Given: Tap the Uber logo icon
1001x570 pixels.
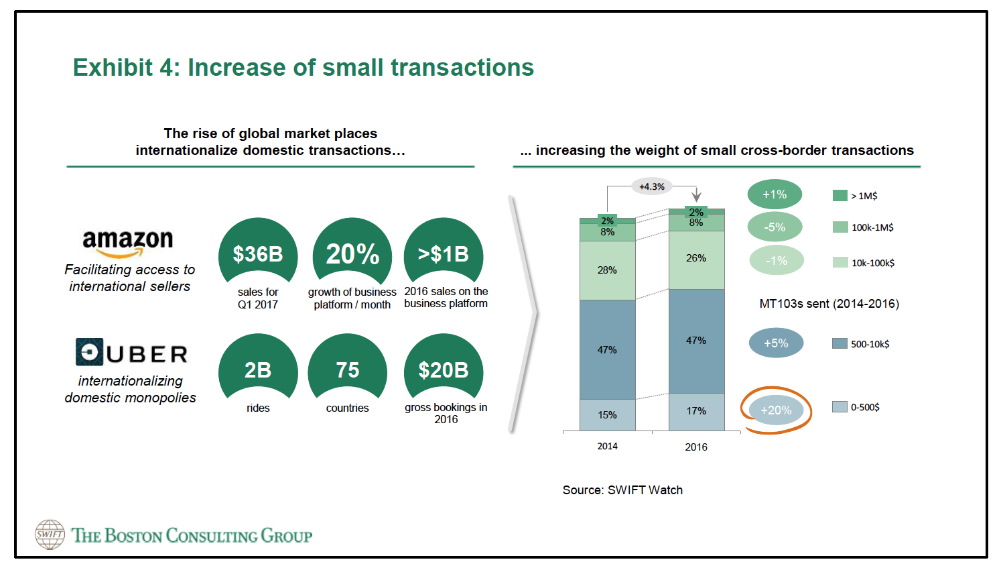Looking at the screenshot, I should pos(89,352).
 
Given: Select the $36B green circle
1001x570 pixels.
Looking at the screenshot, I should pos(258,253).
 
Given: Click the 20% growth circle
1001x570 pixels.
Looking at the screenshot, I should pos(352,253).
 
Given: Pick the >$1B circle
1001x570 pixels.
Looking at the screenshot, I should pos(444,253).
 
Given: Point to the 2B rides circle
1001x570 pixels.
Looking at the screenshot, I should pos(258,369).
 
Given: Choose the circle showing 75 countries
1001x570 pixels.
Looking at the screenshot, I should pos(348,369).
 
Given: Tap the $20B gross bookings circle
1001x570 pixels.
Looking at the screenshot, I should pos(444,369).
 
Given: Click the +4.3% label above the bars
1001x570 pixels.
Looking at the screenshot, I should pos(652,186).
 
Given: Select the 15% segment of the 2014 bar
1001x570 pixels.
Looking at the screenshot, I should pos(608,415).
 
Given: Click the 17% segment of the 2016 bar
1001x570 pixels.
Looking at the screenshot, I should pos(696,411).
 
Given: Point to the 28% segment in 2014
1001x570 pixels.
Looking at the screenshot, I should pos(608,270).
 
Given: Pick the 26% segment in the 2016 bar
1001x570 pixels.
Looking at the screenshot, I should pos(696,259).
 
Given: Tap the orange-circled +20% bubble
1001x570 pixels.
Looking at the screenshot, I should pos(776,410).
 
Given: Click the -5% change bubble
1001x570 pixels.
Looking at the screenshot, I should pos(775,227).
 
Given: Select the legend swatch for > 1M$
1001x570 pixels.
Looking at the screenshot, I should pos(840,196).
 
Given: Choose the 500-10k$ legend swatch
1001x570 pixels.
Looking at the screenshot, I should pos(840,344).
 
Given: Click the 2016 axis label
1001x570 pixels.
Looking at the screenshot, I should pos(696,447).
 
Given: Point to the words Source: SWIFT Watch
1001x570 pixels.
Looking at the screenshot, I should pos(622,490).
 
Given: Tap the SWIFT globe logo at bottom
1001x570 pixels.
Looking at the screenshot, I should pos(50,534).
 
